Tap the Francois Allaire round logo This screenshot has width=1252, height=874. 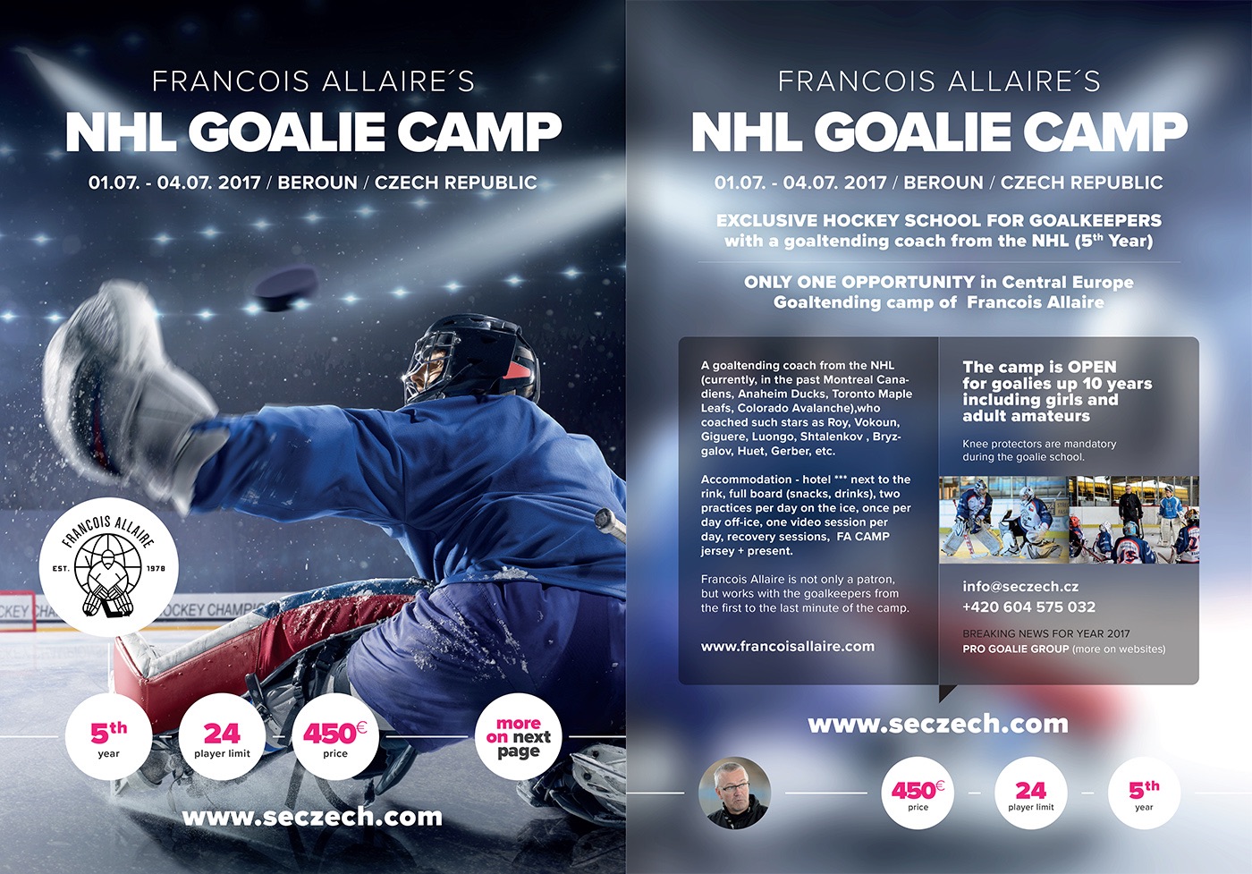coord(108,567)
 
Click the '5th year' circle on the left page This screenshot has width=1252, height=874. coord(108,736)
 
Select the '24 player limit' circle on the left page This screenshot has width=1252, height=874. coord(222,736)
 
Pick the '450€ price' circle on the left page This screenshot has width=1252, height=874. coord(335,736)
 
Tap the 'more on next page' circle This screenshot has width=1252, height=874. coord(518,736)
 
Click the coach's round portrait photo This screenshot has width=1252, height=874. coord(734,793)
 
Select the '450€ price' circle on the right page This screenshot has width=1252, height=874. coord(918,793)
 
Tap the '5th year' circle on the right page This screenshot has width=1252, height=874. coord(1144,793)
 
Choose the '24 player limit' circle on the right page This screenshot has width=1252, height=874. coord(1030,793)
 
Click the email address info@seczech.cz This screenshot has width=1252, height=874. coord(1020,587)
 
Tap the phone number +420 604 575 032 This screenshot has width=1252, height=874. coord(1029,607)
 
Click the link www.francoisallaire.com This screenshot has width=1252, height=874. coord(788,647)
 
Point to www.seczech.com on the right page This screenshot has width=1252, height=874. coord(938,724)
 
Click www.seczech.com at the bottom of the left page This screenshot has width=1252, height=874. coord(312,817)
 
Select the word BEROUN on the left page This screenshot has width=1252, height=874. coord(317,182)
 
